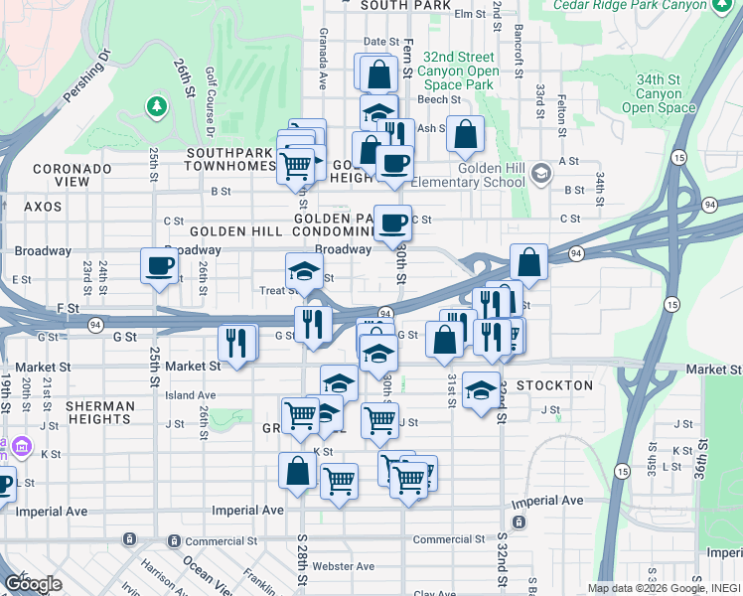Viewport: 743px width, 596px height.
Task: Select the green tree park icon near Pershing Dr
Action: (x=156, y=104)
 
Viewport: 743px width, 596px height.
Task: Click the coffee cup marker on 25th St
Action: (x=159, y=266)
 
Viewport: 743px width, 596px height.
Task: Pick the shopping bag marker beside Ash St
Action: (x=465, y=133)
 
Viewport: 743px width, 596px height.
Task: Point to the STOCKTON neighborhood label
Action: (x=554, y=384)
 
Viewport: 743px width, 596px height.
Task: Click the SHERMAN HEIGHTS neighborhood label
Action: (x=100, y=413)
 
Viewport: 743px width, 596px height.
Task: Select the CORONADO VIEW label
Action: (x=73, y=176)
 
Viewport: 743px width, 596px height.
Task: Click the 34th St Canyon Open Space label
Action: (x=665, y=93)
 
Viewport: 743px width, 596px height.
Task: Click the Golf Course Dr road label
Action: (x=210, y=102)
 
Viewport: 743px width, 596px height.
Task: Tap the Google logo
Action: (x=32, y=584)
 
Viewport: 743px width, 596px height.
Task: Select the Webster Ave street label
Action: (x=343, y=566)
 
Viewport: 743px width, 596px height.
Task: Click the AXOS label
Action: (x=43, y=207)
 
